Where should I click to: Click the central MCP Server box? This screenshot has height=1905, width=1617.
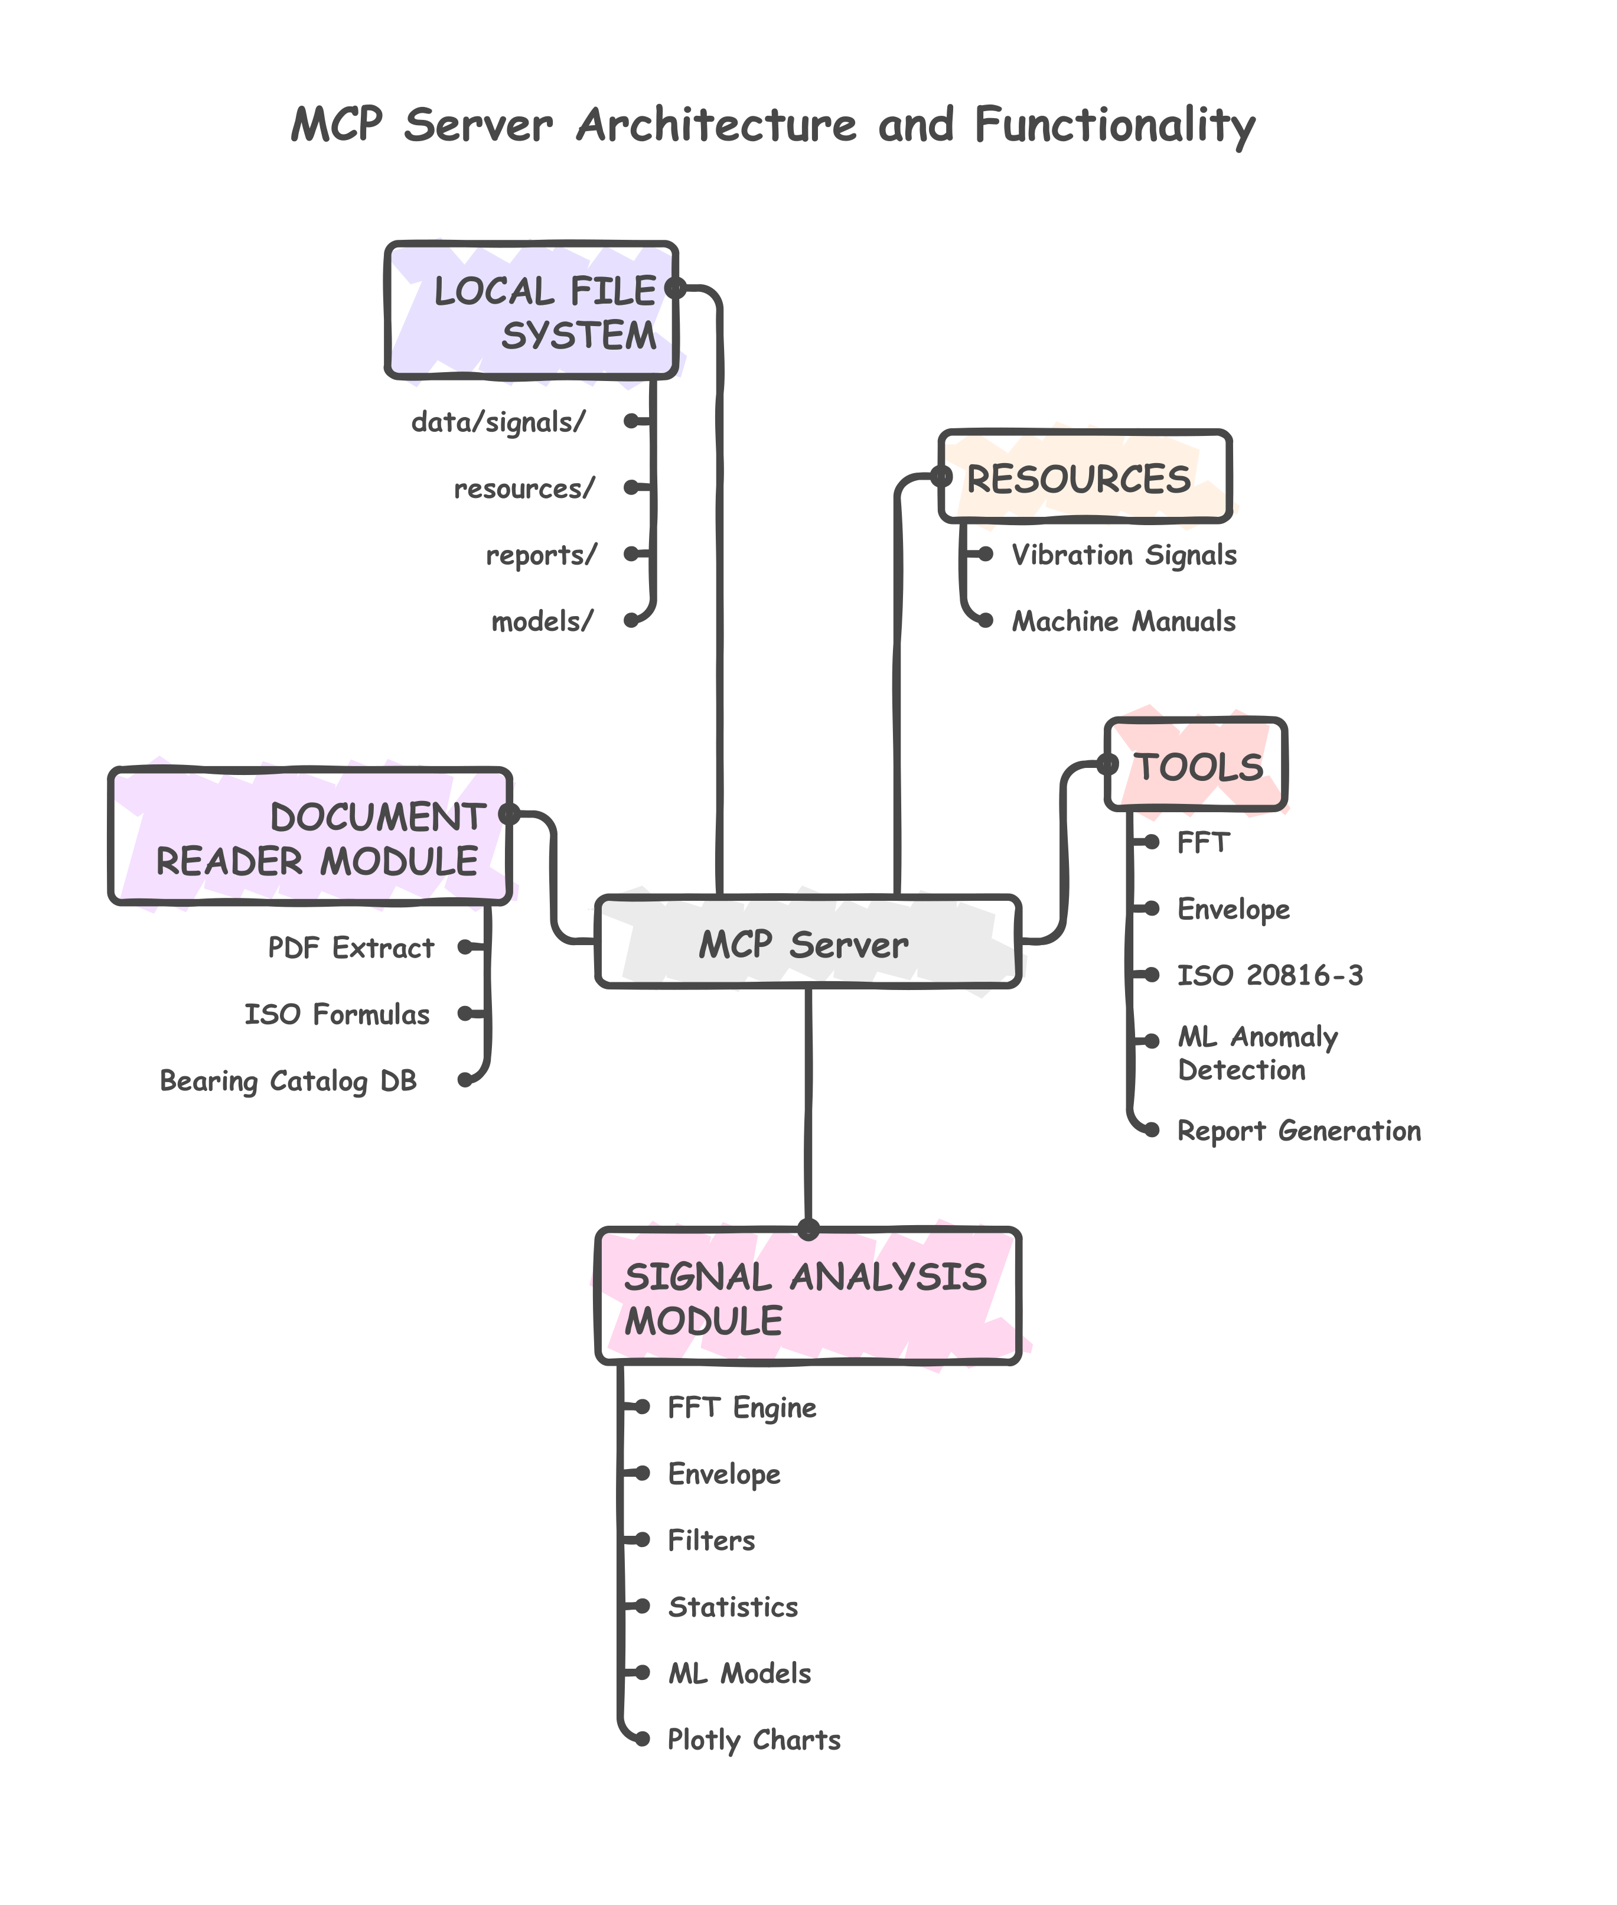pyautogui.click(x=807, y=942)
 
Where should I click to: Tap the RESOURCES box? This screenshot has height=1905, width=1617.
pyautogui.click(x=1084, y=478)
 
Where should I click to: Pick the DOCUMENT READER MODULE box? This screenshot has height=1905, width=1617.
pyautogui.click(x=310, y=837)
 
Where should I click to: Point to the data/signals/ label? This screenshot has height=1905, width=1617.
pyautogui.click(x=498, y=422)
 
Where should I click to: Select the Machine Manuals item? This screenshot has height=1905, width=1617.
pyautogui.click(x=1123, y=621)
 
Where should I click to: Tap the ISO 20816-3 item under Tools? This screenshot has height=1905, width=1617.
pyautogui.click(x=1270, y=975)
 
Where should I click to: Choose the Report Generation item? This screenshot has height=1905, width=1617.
pyautogui.click(x=1298, y=1131)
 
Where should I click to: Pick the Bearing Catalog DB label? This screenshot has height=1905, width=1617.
pyautogui.click(x=288, y=1081)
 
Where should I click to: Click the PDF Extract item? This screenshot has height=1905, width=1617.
pyautogui.click(x=350, y=948)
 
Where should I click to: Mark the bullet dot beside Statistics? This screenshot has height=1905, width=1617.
pyautogui.click(x=643, y=1606)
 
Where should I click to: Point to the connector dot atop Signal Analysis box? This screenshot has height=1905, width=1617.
pyautogui.click(x=807, y=1230)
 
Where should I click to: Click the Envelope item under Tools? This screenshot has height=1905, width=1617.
pyautogui.click(x=1233, y=910)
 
